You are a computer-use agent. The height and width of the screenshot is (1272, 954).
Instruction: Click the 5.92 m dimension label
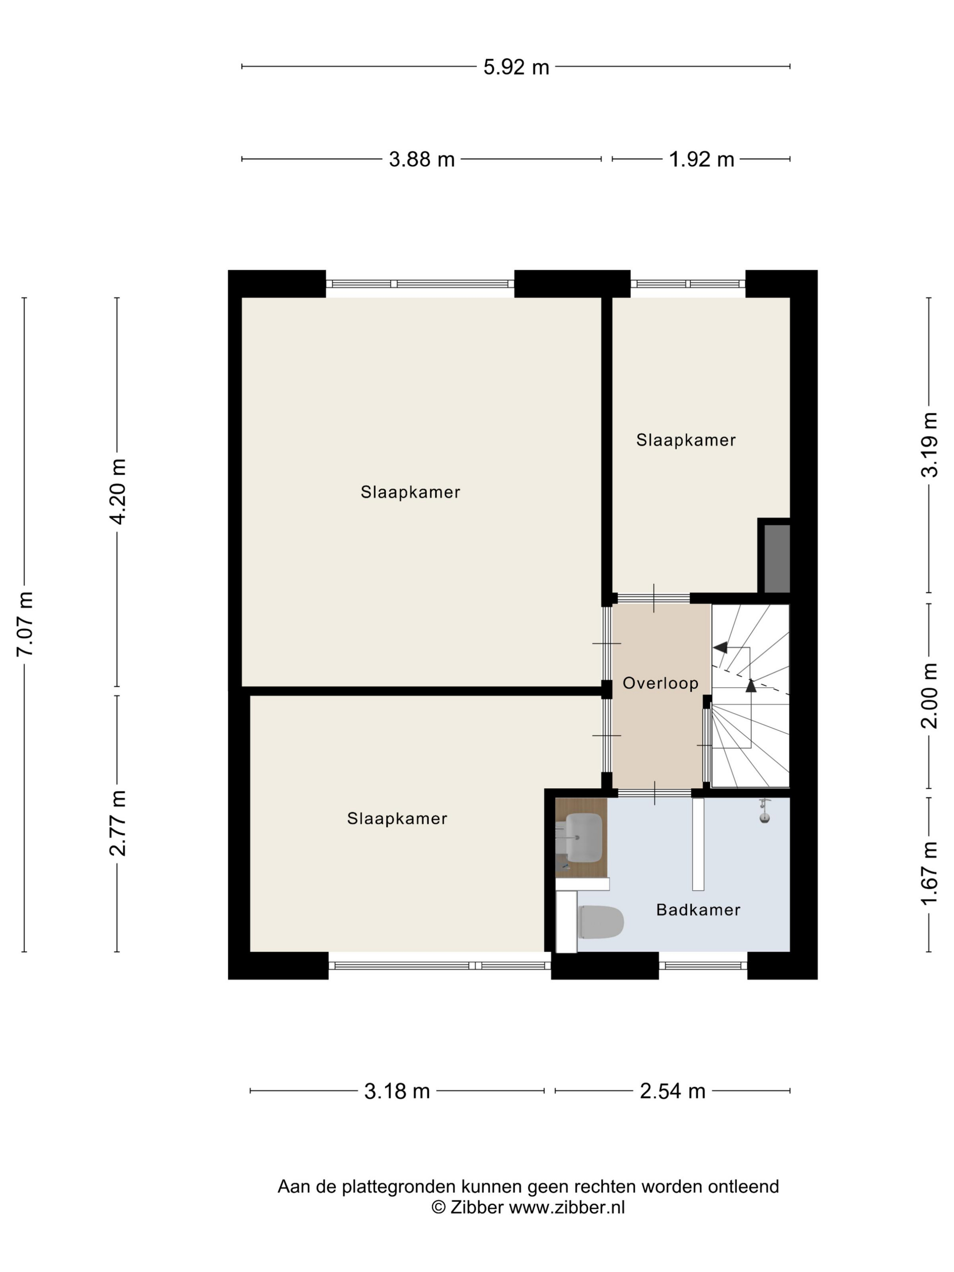516,67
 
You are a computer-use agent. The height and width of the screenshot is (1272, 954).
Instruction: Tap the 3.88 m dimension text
422,159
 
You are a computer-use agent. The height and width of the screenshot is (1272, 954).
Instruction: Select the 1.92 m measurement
701,159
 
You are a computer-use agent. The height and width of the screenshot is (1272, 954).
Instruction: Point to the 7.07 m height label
26,623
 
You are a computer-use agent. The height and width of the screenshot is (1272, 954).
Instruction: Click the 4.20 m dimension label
118,492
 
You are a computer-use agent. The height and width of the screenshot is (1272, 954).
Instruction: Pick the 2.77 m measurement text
118,824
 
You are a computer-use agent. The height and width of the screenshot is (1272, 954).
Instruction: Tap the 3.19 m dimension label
930,444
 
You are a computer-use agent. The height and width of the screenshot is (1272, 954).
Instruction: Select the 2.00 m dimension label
930,696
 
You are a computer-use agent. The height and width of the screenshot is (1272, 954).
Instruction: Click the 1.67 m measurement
930,872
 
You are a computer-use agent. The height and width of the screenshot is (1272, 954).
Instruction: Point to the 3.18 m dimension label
397,1091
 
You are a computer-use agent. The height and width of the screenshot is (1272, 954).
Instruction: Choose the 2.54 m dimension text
672,1091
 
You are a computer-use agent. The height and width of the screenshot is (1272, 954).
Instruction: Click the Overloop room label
660,683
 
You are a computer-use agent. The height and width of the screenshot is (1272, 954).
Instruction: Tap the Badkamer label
697,910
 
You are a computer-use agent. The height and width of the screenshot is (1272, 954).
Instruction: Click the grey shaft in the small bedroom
777,558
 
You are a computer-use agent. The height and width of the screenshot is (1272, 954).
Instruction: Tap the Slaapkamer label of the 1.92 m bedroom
686,441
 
